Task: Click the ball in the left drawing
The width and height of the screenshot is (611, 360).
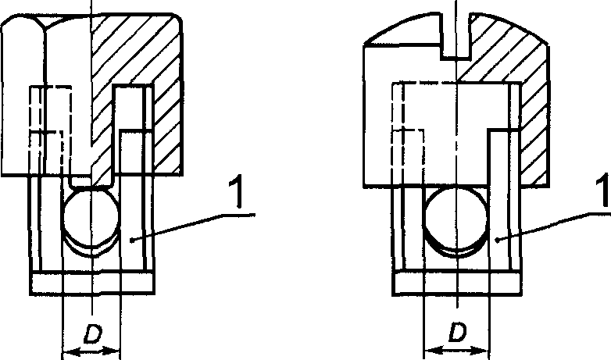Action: (x=91, y=219)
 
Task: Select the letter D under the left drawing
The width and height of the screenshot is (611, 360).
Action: (x=91, y=334)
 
